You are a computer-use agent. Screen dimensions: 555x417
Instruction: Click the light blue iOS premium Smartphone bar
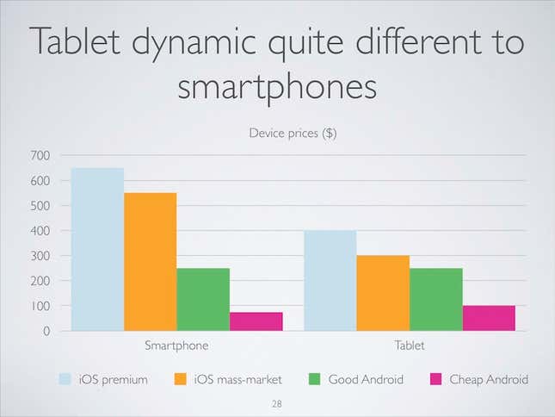click(98, 249)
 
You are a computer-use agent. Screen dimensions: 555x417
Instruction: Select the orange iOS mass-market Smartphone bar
click(151, 262)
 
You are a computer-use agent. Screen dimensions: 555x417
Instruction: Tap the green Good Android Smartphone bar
click(203, 299)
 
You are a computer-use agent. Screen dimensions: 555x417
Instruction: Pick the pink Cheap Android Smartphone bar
click(256, 321)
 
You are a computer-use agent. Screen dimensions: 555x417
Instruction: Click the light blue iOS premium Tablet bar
click(330, 281)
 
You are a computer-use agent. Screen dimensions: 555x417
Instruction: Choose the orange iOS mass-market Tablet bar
click(383, 293)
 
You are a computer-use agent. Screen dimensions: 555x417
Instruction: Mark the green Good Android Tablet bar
click(436, 299)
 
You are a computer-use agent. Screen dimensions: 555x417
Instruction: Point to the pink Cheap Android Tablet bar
click(489, 318)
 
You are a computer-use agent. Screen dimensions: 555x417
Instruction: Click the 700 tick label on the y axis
click(40, 155)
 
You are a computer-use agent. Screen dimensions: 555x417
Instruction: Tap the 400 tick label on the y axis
click(40, 231)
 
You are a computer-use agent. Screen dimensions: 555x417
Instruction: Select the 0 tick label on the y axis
click(46, 331)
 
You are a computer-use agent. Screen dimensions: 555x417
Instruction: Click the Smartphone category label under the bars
click(176, 345)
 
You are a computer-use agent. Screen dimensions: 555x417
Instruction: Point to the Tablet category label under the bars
click(410, 345)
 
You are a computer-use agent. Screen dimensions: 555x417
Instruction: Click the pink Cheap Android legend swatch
click(435, 379)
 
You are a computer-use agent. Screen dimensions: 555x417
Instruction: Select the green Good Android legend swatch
click(314, 379)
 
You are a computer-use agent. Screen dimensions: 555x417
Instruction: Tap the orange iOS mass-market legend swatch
click(180, 379)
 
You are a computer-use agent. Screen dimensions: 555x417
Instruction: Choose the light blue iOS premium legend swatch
click(65, 379)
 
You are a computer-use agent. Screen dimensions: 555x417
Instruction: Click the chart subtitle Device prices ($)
click(293, 134)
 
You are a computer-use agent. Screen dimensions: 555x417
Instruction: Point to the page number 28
click(277, 403)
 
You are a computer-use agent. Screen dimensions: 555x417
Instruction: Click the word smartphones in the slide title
click(277, 87)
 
